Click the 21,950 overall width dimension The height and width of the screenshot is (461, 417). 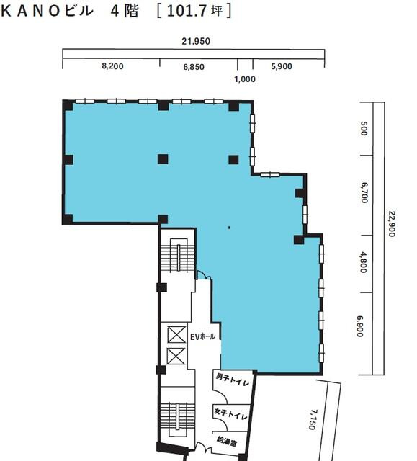196,42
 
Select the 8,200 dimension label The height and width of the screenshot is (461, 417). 112,66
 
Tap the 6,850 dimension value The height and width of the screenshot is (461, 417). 194,67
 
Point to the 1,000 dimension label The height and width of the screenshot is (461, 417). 245,79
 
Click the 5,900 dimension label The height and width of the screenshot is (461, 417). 282,66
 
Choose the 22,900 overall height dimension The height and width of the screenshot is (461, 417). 392,224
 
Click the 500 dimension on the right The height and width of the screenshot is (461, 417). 364,128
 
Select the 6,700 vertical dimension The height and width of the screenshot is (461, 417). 364,193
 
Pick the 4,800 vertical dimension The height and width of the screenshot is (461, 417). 363,262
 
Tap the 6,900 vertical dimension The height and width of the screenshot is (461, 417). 360,326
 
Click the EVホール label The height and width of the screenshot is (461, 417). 203,337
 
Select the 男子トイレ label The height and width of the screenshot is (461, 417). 233,380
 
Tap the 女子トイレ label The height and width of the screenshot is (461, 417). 231,414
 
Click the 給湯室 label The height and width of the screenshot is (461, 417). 227,441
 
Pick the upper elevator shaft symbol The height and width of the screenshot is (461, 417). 176,334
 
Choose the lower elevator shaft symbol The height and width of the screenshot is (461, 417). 176,357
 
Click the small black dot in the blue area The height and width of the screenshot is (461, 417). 229,228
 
